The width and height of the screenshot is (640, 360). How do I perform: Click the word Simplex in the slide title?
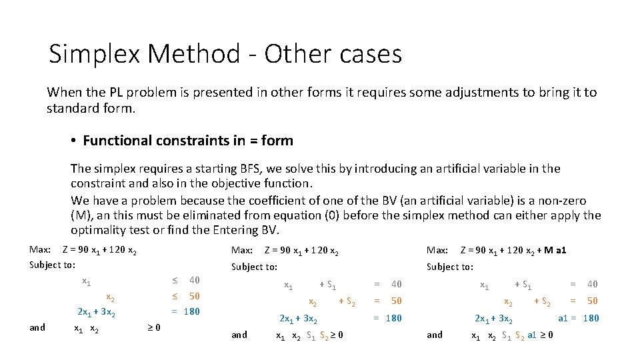(x=94, y=54)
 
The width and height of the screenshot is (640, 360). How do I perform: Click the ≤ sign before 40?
(x=175, y=280)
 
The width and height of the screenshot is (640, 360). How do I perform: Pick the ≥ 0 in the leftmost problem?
(x=153, y=327)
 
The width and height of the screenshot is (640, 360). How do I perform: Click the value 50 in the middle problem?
(x=397, y=301)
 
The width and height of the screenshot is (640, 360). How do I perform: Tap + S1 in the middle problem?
(x=327, y=285)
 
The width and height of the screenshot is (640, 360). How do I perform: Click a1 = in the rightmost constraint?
(x=567, y=318)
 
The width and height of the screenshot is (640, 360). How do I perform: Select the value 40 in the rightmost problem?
(x=592, y=284)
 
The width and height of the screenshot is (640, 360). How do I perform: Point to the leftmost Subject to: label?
(x=53, y=265)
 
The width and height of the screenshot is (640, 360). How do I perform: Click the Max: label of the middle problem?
(x=241, y=251)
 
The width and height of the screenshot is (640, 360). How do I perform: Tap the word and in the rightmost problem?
(x=434, y=335)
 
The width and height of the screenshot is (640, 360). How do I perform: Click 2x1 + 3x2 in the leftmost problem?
(x=97, y=312)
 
